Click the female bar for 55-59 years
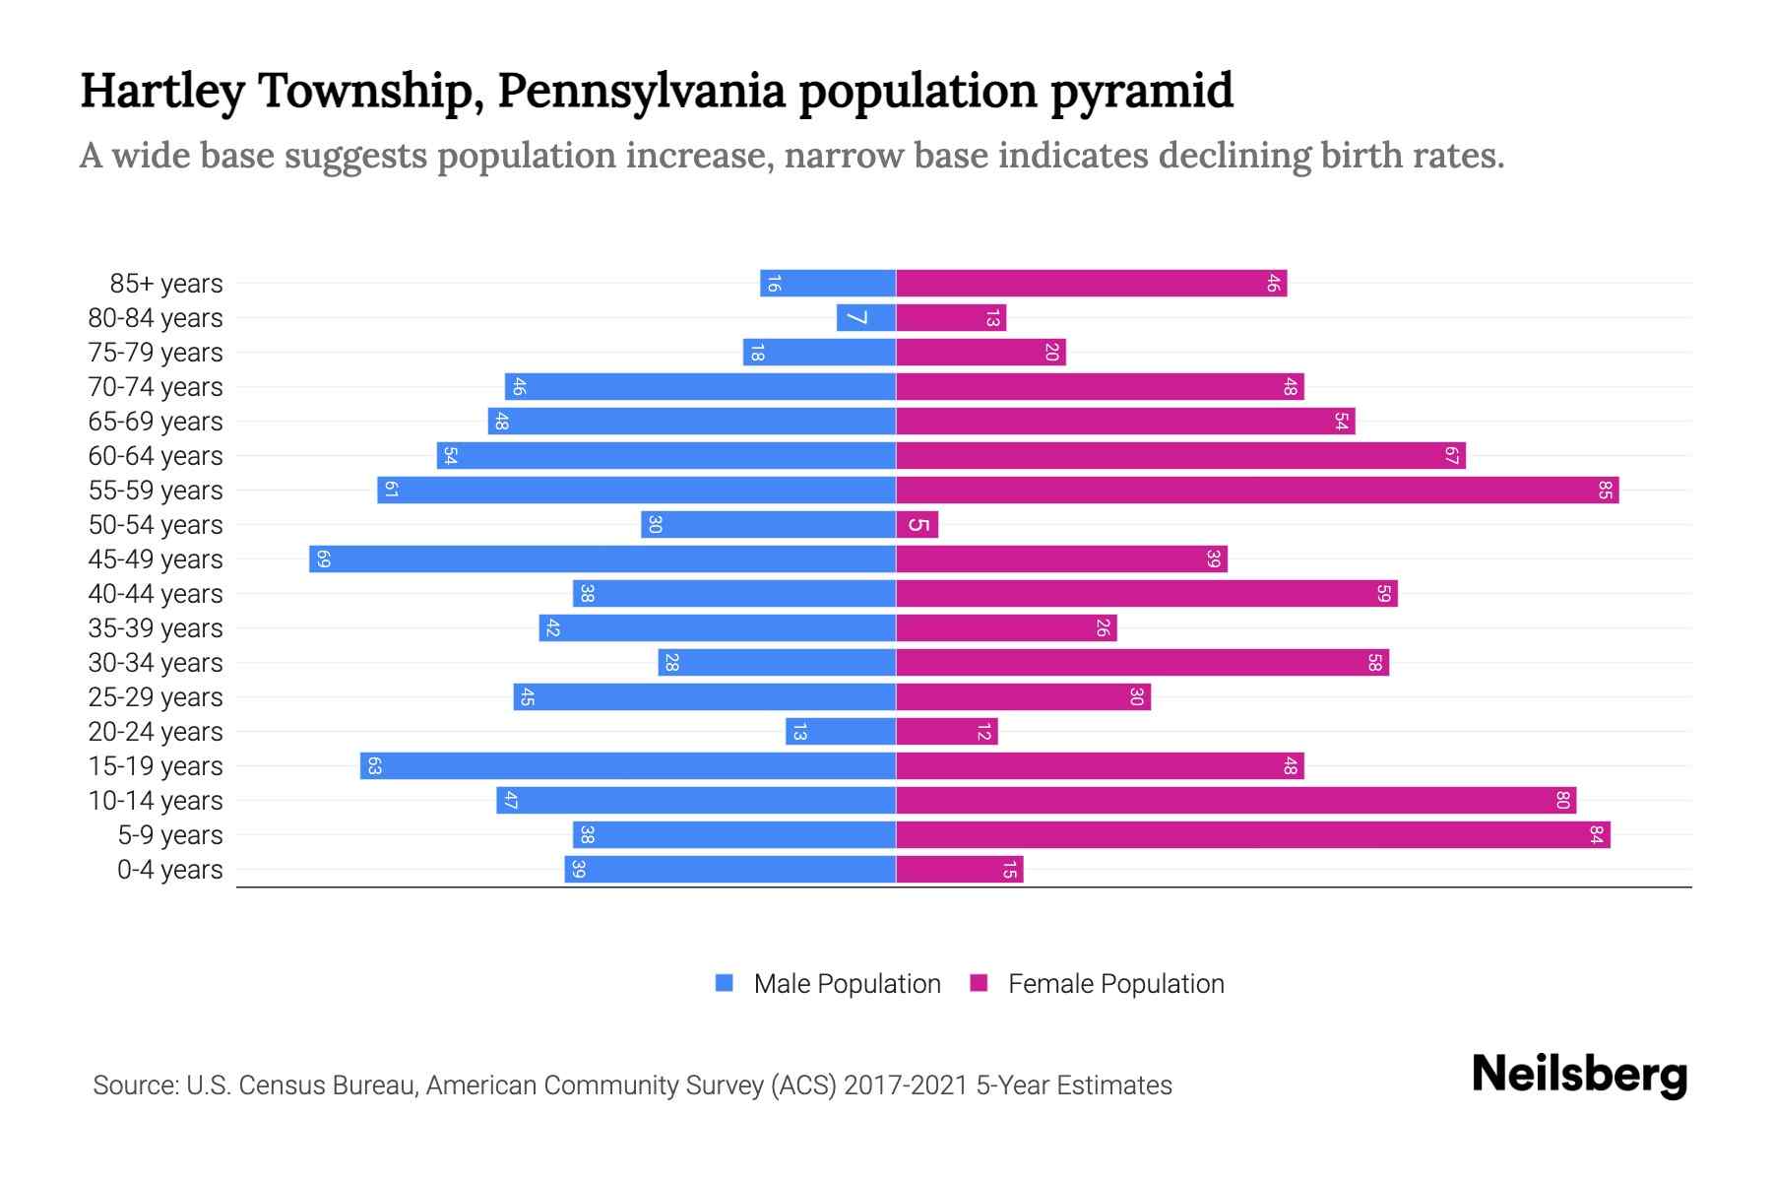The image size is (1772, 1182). [1257, 490]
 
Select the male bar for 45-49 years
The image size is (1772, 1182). [602, 558]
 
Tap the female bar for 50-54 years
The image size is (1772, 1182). [918, 524]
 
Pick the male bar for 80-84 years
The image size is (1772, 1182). [866, 317]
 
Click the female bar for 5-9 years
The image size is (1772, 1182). [1252, 834]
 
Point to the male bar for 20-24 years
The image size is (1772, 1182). [841, 731]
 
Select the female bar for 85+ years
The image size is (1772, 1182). [1091, 283]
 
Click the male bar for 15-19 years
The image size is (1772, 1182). [628, 765]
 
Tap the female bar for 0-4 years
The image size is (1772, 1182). [960, 869]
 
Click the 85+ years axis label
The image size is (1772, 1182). [166, 284]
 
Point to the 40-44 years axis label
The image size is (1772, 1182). [156, 594]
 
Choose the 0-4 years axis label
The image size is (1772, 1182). [170, 870]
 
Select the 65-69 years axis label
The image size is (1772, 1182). [156, 422]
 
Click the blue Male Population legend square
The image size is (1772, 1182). [725, 983]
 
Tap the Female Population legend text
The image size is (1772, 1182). [1115, 984]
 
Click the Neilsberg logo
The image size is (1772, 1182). [1579, 1075]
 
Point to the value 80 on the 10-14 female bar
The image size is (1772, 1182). [1562, 800]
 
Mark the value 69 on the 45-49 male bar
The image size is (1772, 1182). [323, 558]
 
